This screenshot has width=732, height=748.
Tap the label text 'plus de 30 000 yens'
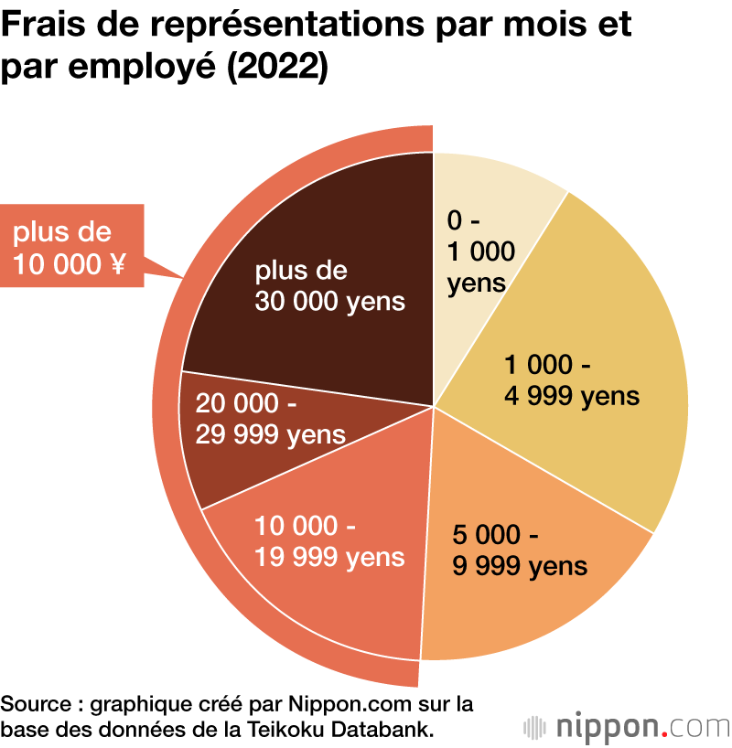(329, 286)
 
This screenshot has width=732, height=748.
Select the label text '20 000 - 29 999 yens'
(270, 419)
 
